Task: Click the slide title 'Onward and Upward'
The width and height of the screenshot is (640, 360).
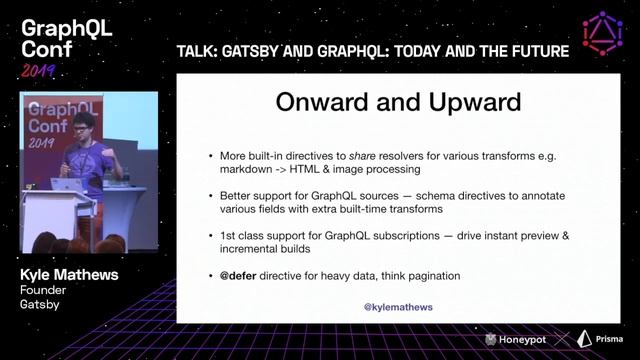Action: (398, 104)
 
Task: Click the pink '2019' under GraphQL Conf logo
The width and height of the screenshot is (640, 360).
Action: (39, 70)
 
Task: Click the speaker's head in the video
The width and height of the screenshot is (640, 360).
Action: (85, 125)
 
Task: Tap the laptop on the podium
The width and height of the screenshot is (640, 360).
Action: (67, 185)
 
